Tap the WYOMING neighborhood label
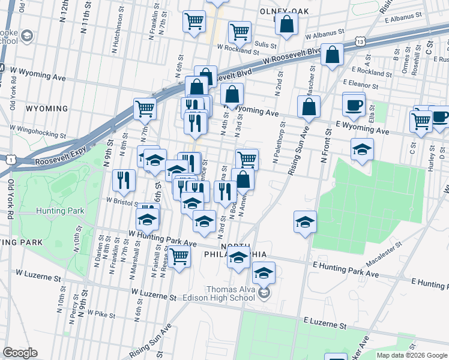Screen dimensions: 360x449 (47, 109)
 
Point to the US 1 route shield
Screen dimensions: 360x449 (10, 159)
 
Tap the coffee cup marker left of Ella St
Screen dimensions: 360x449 (354, 106)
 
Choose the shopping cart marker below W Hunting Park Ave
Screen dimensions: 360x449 (179, 257)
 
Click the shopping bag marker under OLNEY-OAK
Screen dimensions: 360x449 (288, 25)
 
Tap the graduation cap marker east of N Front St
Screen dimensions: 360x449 (362, 149)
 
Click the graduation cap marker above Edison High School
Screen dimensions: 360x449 (263, 273)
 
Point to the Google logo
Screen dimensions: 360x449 (20, 352)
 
